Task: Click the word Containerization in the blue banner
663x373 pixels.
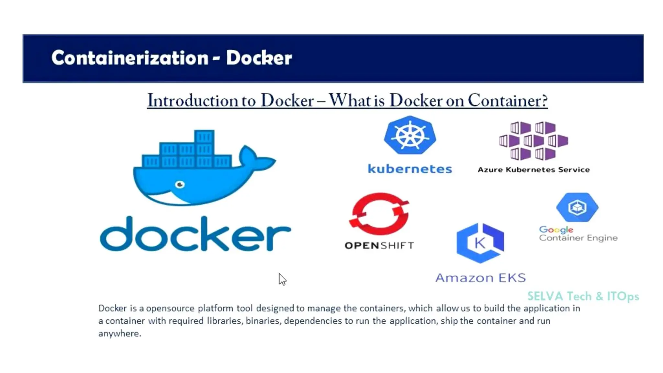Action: (x=129, y=58)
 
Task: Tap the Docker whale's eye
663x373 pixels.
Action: (x=180, y=185)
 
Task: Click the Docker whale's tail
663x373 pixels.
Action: (x=256, y=159)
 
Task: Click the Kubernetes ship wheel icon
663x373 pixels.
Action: (x=410, y=135)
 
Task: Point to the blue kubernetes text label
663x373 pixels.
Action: (x=410, y=169)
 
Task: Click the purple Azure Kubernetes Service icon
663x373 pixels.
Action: (x=534, y=141)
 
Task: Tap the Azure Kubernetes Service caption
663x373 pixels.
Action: (x=534, y=170)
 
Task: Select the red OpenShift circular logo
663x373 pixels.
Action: (x=379, y=214)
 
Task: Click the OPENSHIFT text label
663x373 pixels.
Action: (x=379, y=245)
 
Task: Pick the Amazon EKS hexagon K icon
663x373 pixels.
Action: (x=480, y=243)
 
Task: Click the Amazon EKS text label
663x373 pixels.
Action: (x=480, y=278)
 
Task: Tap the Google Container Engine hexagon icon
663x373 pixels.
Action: (x=577, y=207)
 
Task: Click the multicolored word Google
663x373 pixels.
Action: (x=556, y=230)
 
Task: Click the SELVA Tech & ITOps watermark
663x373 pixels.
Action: (x=583, y=296)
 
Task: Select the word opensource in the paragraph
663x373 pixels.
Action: (x=170, y=308)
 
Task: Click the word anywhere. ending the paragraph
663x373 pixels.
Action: (x=120, y=333)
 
